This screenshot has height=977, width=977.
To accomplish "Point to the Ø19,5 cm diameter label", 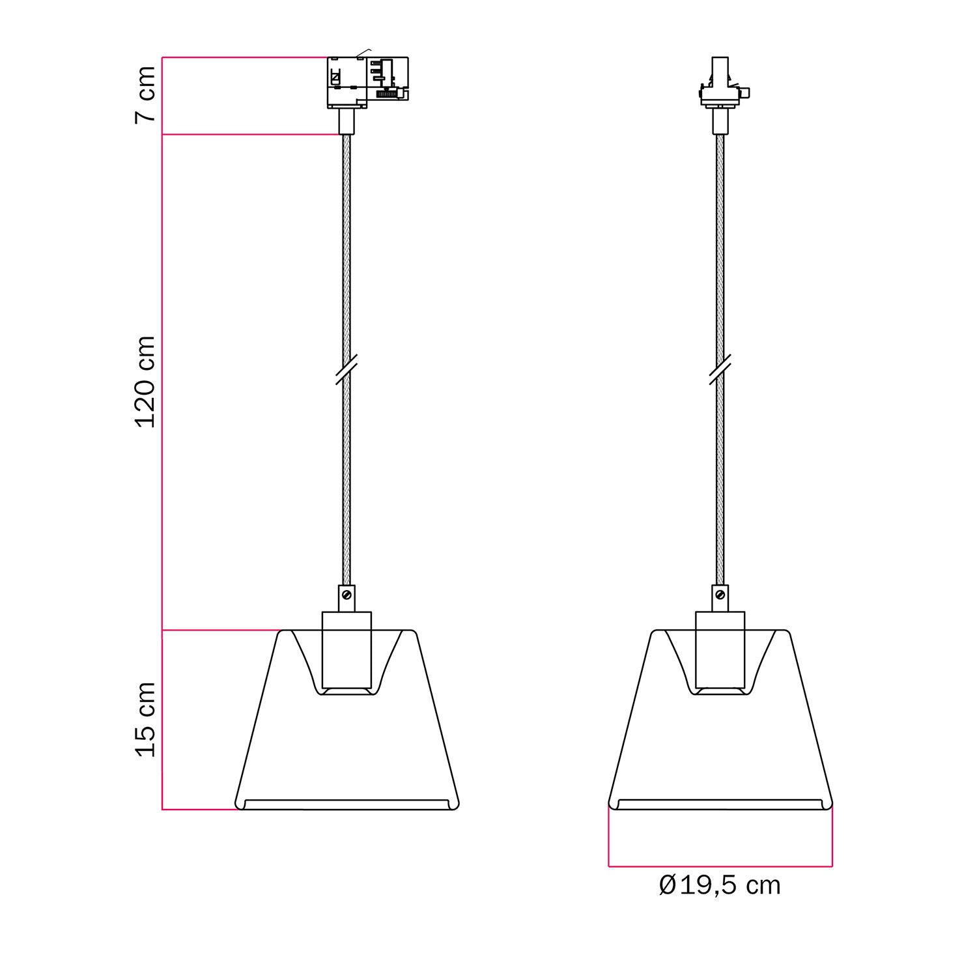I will pos(720,886).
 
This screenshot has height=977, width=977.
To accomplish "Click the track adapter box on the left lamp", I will pos(367,82).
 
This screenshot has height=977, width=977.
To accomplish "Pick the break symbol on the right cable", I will pos(720,371).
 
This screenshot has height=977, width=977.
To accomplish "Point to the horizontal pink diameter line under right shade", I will pos(720,866).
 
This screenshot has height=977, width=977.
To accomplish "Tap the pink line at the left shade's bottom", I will pos(199,810).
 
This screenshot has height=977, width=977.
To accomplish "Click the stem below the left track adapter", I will pos(347,121).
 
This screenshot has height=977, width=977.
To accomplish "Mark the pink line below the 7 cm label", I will pos(251,135).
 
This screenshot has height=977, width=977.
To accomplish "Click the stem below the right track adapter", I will pos(720,121).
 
